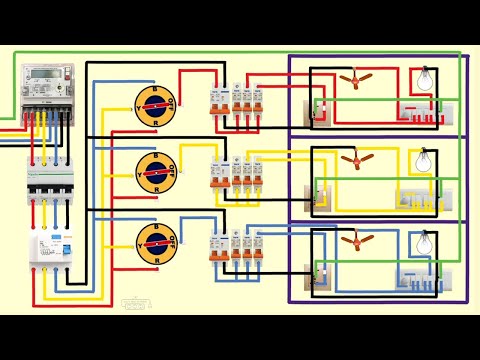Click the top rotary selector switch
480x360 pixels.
click(x=155, y=105)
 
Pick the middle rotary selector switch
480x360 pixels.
click(x=155, y=173)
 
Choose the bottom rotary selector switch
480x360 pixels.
click(x=155, y=243)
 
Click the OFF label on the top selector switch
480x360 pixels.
click(x=173, y=101)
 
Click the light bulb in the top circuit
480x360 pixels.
click(x=423, y=78)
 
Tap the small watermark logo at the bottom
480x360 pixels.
click(x=133, y=302)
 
